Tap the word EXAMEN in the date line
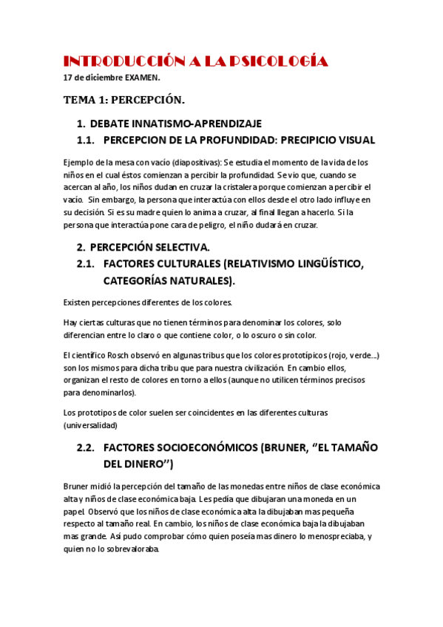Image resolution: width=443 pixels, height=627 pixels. [142, 77]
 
